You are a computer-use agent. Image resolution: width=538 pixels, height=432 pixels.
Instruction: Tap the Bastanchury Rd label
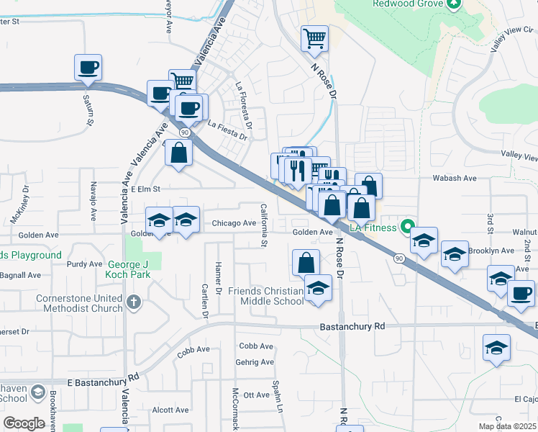tap(352, 326)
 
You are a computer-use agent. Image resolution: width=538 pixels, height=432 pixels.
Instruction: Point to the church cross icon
tap(132, 302)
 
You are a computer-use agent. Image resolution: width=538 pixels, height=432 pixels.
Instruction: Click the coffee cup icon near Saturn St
tap(88, 68)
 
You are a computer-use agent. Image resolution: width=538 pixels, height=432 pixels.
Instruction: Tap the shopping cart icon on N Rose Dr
tap(314, 37)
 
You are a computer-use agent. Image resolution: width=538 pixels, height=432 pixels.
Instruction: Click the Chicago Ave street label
tap(234, 224)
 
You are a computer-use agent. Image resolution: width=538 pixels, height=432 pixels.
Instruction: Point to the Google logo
tap(24, 423)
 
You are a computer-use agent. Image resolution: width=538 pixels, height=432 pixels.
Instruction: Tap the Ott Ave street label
tap(256, 395)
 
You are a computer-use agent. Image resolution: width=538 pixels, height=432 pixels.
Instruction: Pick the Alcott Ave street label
tap(170, 410)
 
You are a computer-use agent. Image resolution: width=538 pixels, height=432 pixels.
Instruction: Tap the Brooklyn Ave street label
tap(491, 251)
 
